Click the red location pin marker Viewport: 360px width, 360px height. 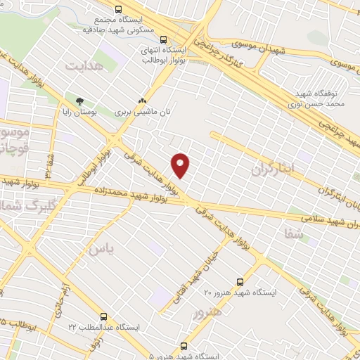[x=181, y=165]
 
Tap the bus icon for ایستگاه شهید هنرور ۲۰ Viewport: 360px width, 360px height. [x=241, y=279]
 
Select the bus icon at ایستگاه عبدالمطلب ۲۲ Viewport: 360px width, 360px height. [x=104, y=316]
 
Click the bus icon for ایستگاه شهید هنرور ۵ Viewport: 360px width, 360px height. [x=184, y=346]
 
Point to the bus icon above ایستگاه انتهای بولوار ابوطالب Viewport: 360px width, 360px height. [x=164, y=40]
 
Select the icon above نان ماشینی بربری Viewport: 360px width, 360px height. [x=143, y=101]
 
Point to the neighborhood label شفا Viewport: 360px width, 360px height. [x=295, y=234]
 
